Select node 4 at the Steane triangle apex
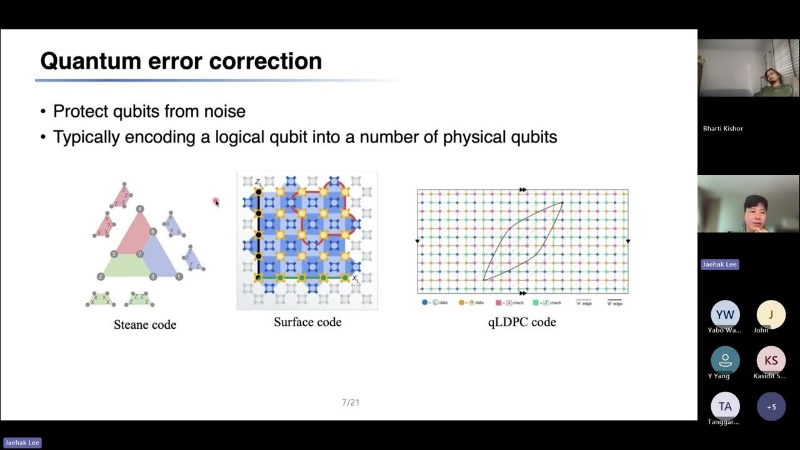(140, 209)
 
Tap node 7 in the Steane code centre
(140, 254)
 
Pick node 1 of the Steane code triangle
(179, 276)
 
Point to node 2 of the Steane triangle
(101, 276)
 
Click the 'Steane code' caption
(145, 324)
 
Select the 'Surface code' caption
(307, 322)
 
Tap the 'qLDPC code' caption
(522, 322)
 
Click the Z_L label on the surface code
(257, 182)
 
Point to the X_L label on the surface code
(355, 279)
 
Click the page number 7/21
(351, 402)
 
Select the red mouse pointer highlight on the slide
(216, 201)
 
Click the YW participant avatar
(725, 315)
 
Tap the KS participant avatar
(771, 361)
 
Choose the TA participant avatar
(725, 406)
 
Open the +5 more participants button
(771, 406)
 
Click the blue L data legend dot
(425, 302)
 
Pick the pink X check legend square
(499, 302)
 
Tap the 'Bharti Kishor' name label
(722, 128)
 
